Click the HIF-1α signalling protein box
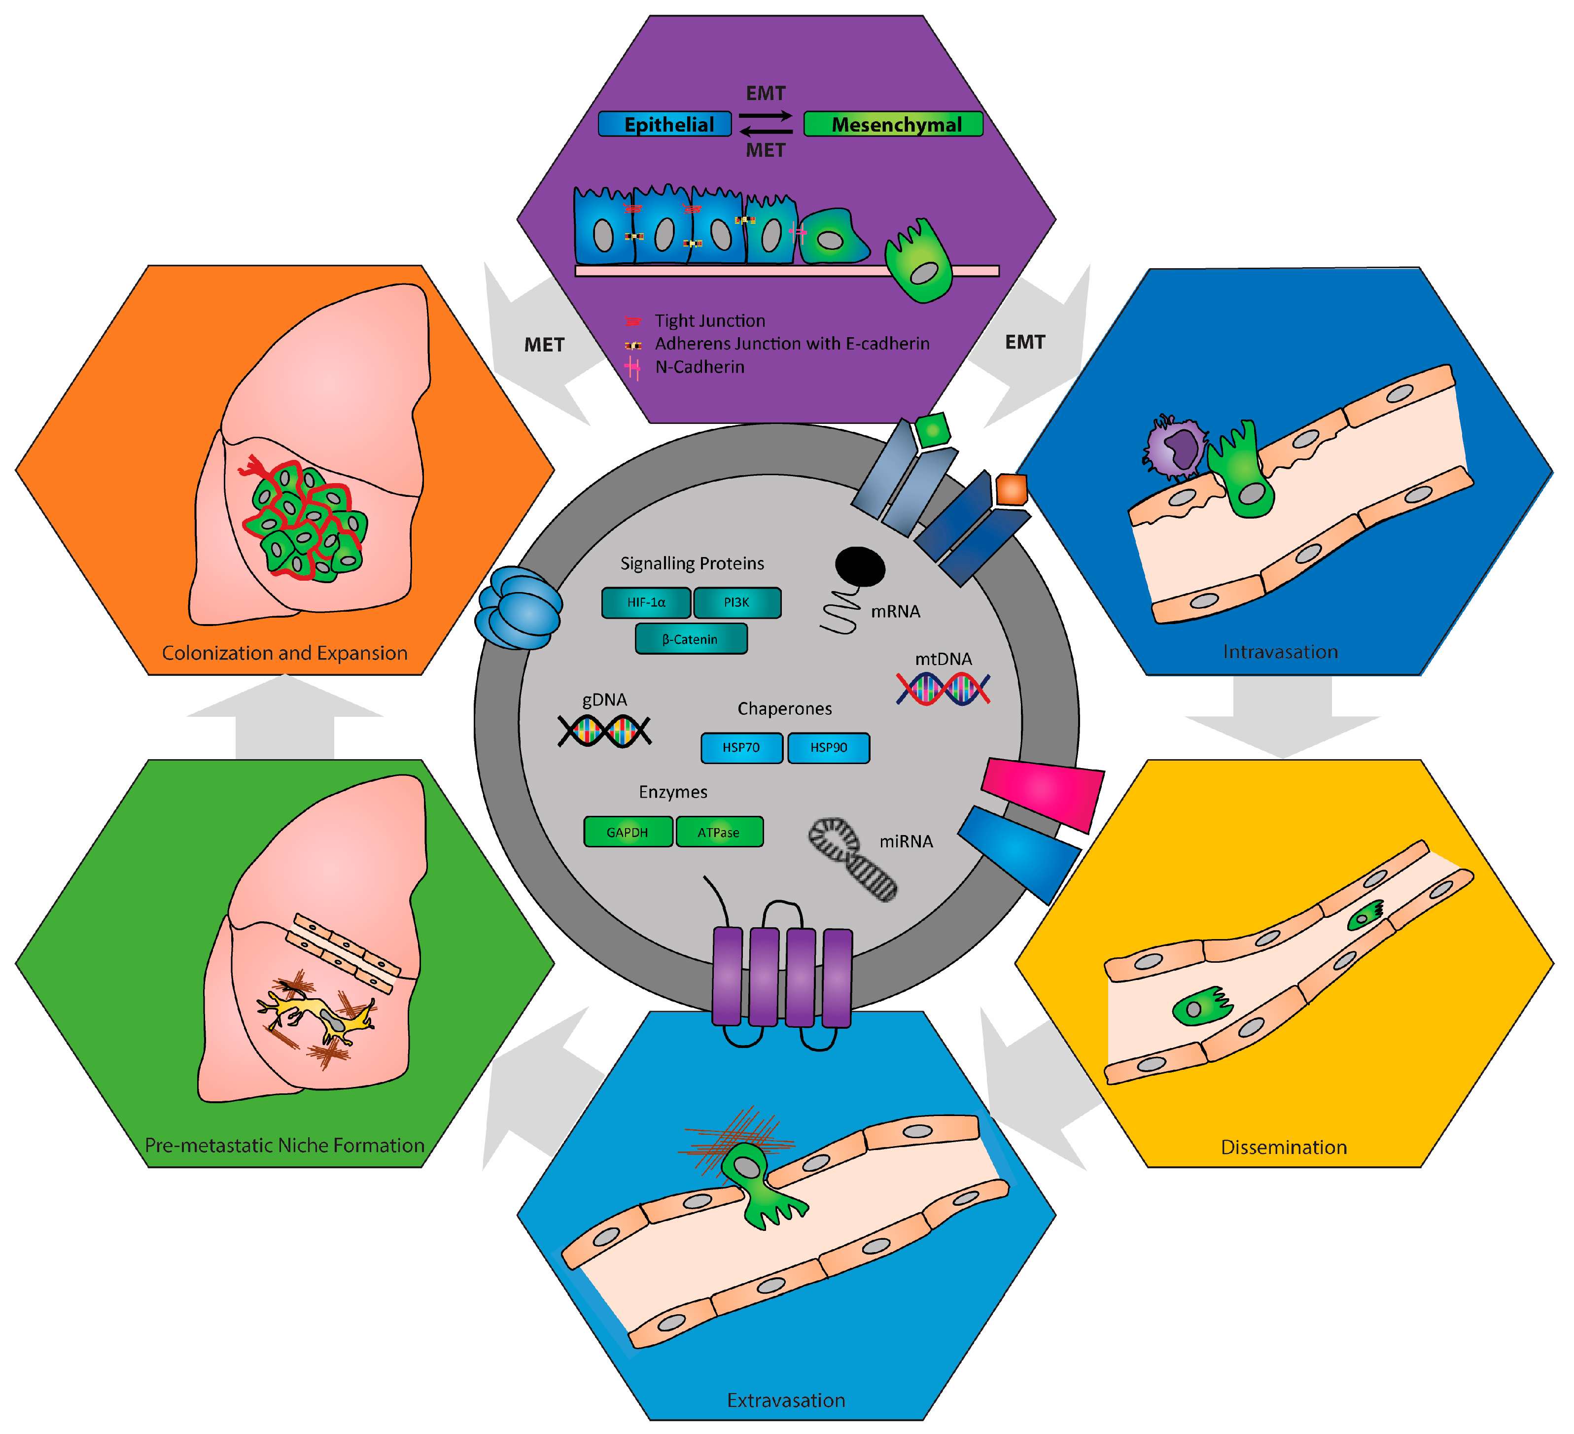[x=646, y=603]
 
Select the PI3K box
[x=736, y=603]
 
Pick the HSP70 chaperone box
[x=741, y=748]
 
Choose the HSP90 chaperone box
[x=828, y=748]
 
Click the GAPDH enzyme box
[x=627, y=832]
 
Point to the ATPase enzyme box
[x=718, y=832]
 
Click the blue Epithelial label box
[x=665, y=124]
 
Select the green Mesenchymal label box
[x=893, y=124]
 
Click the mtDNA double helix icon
[x=943, y=689]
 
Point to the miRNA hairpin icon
[x=851, y=859]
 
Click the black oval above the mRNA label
[x=860, y=566]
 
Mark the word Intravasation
[x=1280, y=652]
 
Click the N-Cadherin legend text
[x=700, y=367]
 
